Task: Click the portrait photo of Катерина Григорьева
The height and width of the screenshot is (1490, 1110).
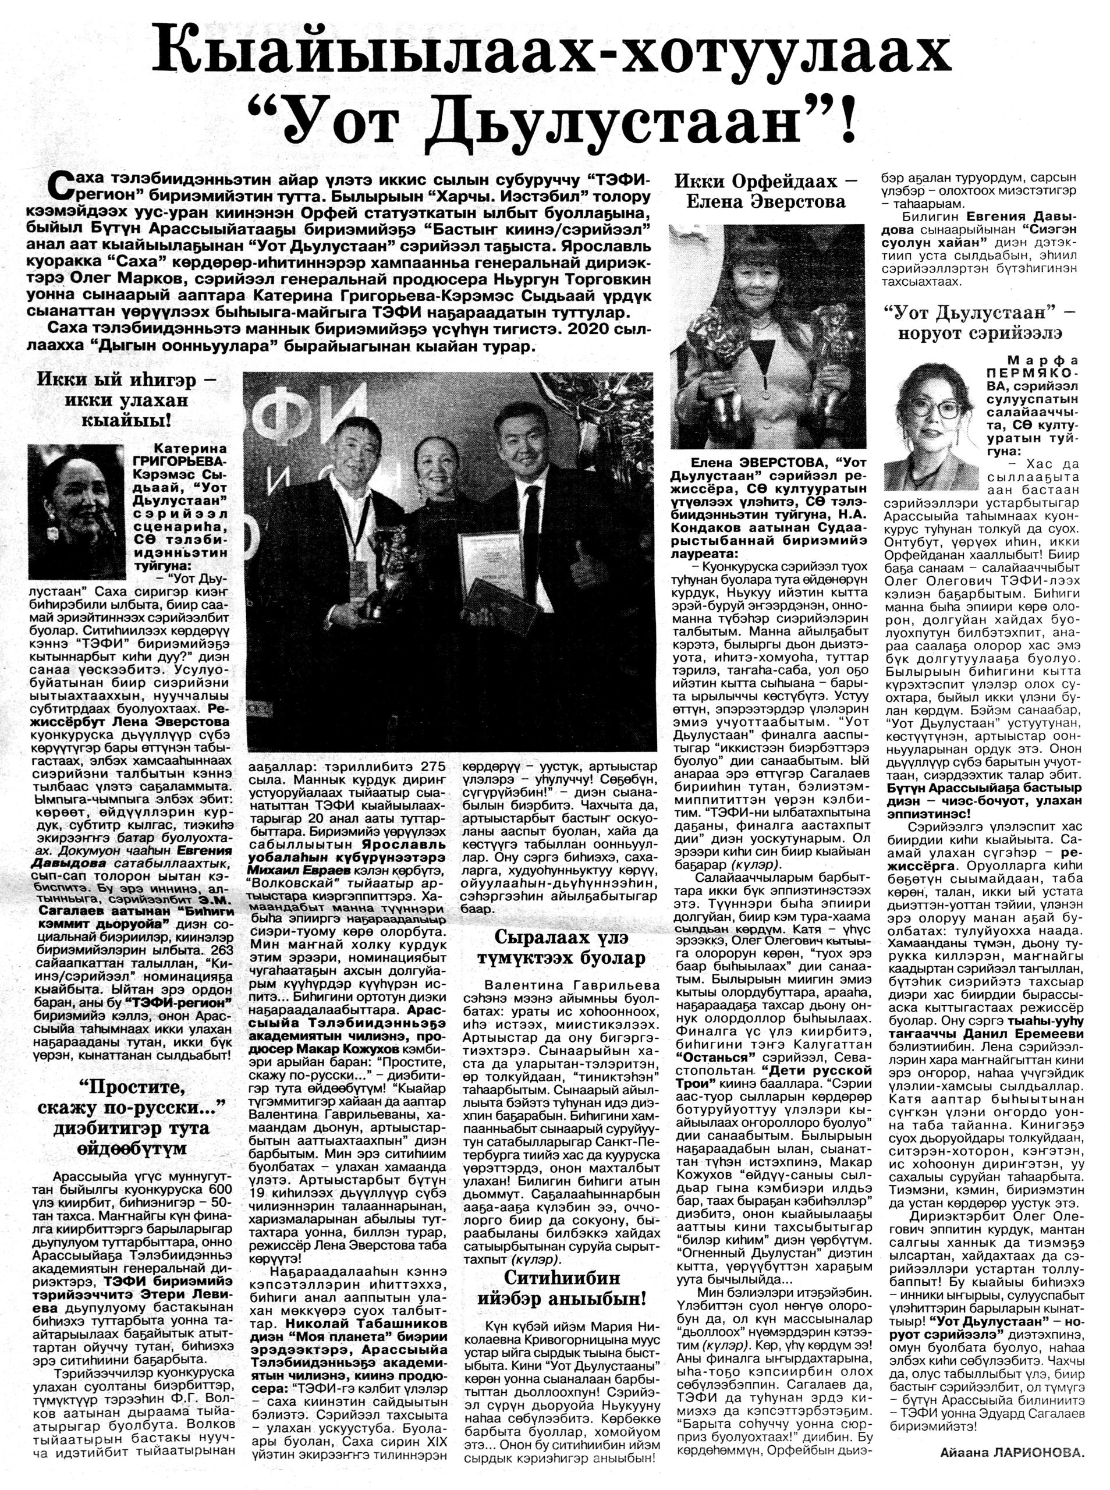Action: [77, 510]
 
